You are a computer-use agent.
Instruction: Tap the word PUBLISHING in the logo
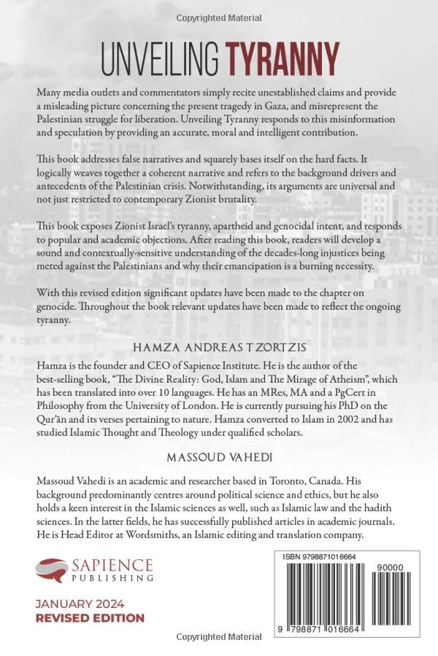(112, 577)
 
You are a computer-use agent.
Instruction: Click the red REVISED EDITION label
(90, 617)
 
